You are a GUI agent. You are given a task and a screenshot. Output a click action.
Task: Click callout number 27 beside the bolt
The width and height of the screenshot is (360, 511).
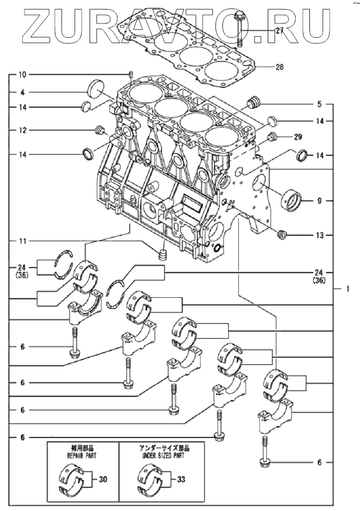[x=279, y=31]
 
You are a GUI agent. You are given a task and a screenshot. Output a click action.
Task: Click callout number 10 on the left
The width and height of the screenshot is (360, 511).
[x=22, y=74]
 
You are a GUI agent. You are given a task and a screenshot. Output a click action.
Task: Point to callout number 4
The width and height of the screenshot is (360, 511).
[x=22, y=91]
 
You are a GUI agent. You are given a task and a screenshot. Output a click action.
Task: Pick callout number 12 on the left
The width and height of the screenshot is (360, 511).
[x=22, y=130]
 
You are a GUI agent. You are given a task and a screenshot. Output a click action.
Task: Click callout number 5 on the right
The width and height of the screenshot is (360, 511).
[x=319, y=103]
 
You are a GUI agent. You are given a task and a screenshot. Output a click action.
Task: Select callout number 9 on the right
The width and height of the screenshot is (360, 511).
[x=319, y=201]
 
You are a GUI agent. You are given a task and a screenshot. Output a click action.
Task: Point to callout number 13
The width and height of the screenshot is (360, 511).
[x=319, y=235]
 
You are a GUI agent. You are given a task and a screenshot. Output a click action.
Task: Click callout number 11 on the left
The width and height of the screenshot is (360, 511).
[x=22, y=242]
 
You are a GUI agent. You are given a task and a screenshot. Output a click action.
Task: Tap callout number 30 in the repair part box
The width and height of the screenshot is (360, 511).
[x=103, y=480]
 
